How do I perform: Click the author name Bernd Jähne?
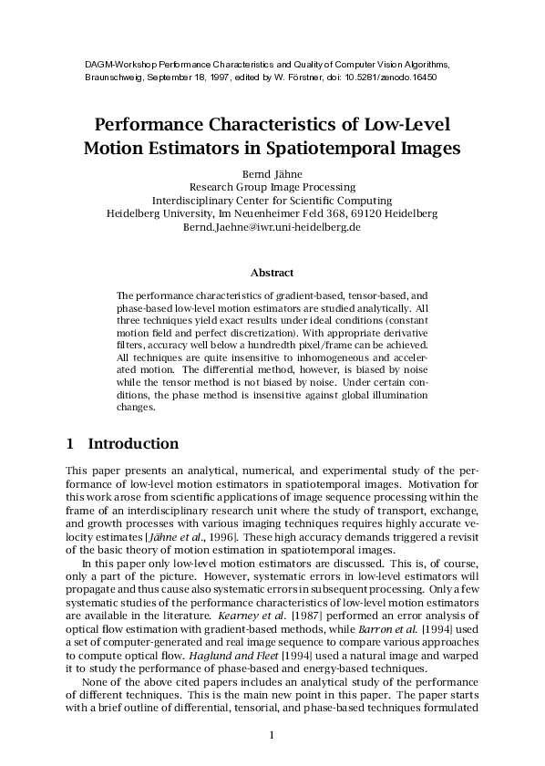tap(272, 172)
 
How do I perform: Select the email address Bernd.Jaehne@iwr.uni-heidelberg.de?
tap(272, 226)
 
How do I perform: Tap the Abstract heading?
tap(272, 272)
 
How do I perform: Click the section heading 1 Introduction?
tap(122, 444)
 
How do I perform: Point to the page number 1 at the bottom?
tap(272, 735)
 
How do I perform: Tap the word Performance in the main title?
tap(160, 123)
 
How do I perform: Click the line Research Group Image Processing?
tap(272, 186)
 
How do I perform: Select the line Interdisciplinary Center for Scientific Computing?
tap(272, 200)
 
